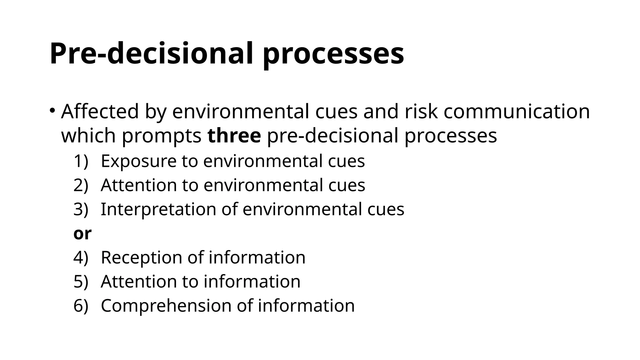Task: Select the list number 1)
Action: [81, 161]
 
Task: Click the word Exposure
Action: [138, 161]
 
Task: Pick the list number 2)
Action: [81, 185]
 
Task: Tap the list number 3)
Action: [81, 209]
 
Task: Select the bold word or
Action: [82, 233]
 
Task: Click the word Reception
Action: [141, 257]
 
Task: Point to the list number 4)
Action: [81, 257]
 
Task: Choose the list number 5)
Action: [81, 281]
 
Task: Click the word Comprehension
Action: [166, 306]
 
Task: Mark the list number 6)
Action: [81, 305]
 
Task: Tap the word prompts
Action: [162, 136]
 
